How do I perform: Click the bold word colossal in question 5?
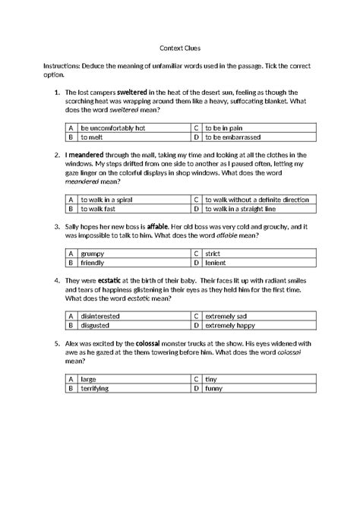click(x=159, y=343)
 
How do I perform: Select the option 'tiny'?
click(x=213, y=378)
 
